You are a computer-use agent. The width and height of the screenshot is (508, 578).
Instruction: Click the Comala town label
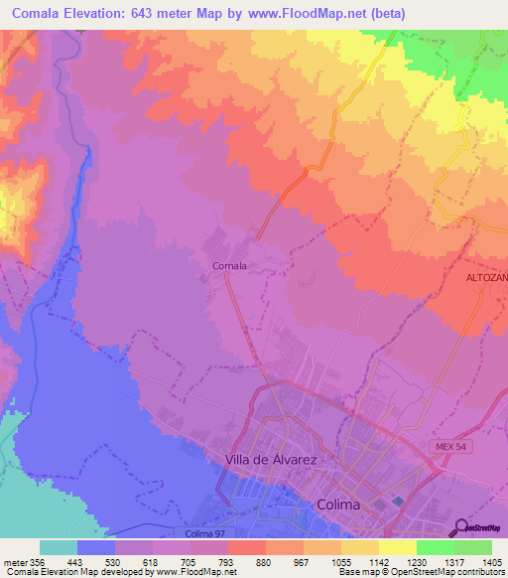[229, 265]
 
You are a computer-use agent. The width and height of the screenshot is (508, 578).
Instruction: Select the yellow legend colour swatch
[398, 546]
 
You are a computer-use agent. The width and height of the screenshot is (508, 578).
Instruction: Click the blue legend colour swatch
[96, 546]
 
